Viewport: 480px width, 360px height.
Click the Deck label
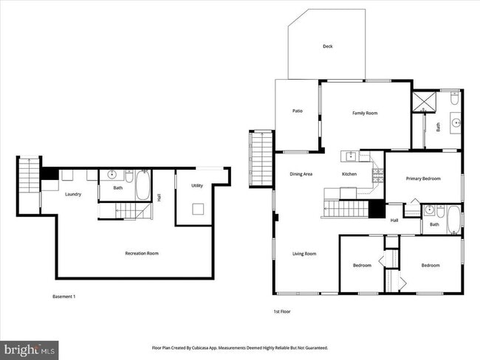[x=327, y=46]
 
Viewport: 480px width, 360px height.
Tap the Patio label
[x=298, y=111]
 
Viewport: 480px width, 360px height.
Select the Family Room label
[x=364, y=113]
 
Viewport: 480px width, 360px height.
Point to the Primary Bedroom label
[x=423, y=179]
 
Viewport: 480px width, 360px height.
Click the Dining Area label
[x=301, y=174]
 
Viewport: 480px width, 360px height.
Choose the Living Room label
[x=304, y=254]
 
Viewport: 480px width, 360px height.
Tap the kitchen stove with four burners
[x=377, y=175]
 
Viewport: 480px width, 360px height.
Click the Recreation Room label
[x=141, y=253]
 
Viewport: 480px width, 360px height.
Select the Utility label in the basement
[x=196, y=186]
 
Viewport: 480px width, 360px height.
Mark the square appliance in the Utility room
[x=197, y=209]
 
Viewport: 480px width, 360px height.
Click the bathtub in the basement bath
[x=143, y=186]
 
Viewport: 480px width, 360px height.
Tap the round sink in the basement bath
[x=112, y=175]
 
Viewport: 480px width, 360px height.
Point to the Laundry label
[x=72, y=195]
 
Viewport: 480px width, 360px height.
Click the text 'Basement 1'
[x=64, y=297]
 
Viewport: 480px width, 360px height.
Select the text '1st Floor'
[x=282, y=312]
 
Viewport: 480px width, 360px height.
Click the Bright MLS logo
[x=30, y=347]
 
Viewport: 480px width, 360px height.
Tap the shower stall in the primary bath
[x=423, y=102]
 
